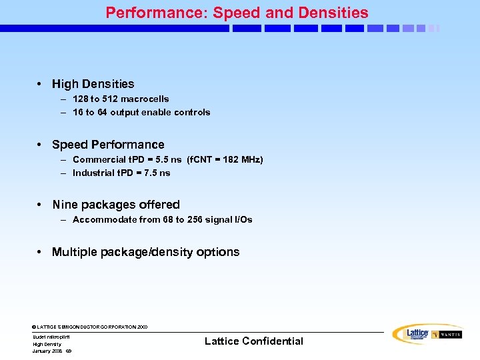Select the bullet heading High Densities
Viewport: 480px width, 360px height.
[93, 84]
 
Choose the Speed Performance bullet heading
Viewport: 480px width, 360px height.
[108, 145]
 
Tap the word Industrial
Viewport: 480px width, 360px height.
[93, 173]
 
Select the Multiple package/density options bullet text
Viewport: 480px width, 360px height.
[145, 252]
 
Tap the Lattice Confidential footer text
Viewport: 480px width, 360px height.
[253, 341]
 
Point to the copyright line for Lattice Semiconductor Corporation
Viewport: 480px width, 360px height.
[90, 327]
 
